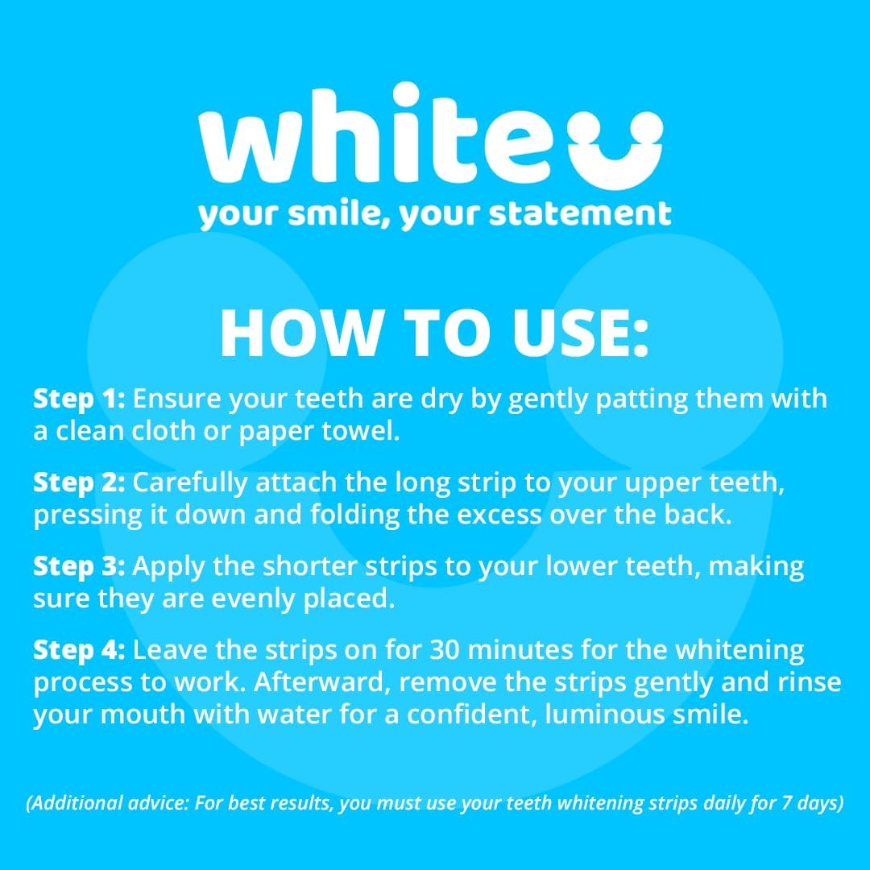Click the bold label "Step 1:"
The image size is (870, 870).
79,398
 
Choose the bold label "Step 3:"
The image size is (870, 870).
79,565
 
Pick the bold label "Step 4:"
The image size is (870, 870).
79,649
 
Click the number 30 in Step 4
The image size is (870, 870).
445,649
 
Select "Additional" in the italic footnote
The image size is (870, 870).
75,805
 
